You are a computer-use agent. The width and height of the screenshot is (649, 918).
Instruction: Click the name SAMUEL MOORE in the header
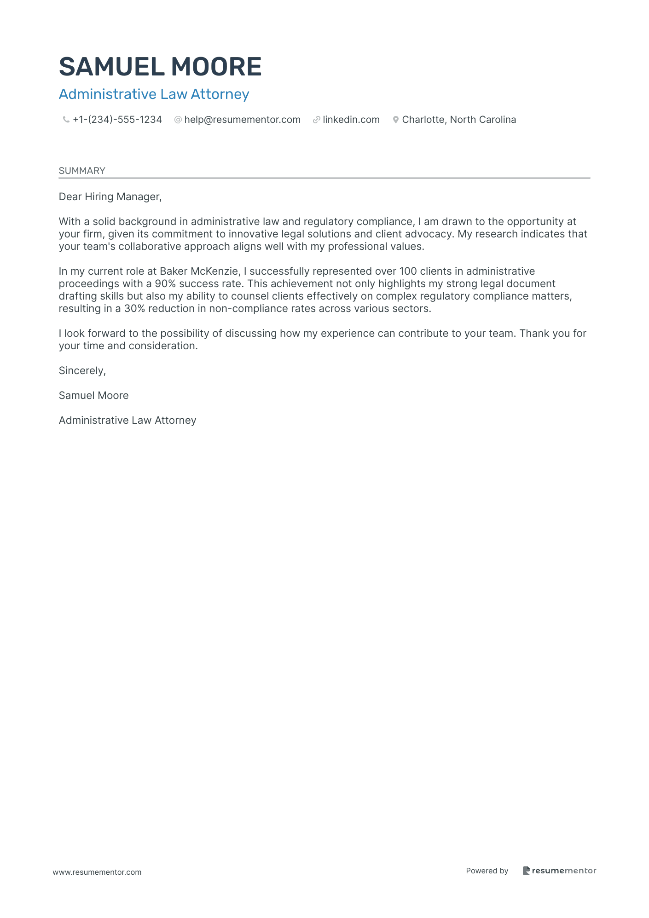coord(160,67)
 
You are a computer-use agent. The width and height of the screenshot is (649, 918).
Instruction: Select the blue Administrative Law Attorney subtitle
coord(154,94)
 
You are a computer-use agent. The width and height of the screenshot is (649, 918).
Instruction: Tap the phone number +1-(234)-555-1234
coord(117,120)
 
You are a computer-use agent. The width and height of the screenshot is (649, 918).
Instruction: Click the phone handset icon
coord(66,120)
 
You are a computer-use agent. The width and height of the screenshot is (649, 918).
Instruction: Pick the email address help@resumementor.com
coord(242,120)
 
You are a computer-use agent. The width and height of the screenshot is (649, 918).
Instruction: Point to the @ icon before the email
coord(178,120)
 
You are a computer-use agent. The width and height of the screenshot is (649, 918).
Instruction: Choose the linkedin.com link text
coord(351,120)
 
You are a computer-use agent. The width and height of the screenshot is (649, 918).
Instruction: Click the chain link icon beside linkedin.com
coord(316,120)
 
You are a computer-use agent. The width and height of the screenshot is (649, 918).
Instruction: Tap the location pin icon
coord(395,120)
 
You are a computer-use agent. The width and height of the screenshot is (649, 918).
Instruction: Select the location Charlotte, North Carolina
coord(459,120)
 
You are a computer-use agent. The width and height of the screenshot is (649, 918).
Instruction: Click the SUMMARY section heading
coord(82,171)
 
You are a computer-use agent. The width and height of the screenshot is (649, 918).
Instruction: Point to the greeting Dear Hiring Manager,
coord(110,197)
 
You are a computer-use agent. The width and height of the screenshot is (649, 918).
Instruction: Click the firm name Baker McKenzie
coord(199,271)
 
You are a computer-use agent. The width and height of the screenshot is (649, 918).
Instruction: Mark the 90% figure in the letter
coord(165,284)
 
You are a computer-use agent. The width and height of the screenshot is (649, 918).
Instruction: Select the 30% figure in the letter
coord(134,309)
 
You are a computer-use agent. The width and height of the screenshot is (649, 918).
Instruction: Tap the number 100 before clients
coord(408,271)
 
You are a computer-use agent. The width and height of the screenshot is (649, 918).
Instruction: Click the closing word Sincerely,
coord(82,371)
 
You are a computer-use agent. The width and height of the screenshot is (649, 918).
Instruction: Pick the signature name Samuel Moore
coord(93,396)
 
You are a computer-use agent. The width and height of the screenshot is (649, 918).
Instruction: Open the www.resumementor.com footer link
coord(97,872)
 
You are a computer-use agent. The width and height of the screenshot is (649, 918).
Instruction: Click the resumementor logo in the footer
coord(559,871)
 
